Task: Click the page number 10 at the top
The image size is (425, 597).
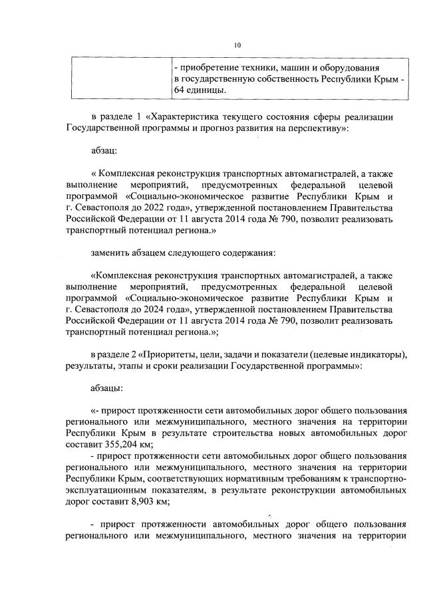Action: (237, 45)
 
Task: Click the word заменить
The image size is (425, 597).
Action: (112, 253)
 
